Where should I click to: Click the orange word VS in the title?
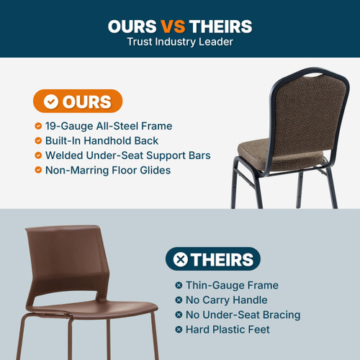(x=173, y=27)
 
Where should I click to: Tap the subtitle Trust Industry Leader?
(x=180, y=42)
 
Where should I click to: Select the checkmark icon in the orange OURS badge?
(x=50, y=102)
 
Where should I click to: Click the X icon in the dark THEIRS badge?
(x=181, y=259)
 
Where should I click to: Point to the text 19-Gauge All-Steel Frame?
(x=109, y=126)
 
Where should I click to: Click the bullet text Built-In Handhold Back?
(x=102, y=140)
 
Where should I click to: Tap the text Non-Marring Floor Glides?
(x=108, y=171)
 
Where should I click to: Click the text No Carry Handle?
(x=226, y=300)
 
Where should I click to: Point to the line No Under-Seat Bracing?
(x=243, y=315)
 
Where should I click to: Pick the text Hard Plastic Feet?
(x=228, y=330)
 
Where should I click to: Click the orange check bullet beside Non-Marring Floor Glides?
(x=38, y=171)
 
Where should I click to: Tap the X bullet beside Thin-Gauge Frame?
(x=179, y=285)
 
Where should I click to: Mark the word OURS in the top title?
(x=132, y=27)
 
